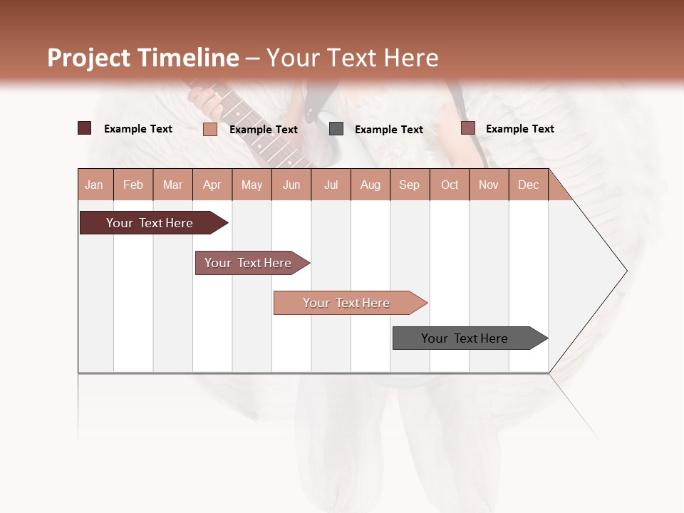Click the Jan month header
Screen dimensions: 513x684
coord(95,185)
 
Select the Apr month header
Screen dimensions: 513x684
coord(212,185)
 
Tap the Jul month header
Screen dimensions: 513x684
coord(331,185)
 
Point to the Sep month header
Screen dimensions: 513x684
coord(409,185)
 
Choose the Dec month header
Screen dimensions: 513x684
coord(528,185)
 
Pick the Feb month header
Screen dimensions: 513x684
coord(133,185)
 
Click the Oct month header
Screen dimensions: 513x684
coord(450,185)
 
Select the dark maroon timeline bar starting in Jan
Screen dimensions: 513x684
coord(150,223)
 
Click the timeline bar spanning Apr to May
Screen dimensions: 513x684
coord(248,263)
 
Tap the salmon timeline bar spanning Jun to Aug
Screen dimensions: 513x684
coord(346,303)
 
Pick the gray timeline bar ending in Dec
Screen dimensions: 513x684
coord(465,338)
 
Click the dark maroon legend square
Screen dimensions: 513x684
coord(85,128)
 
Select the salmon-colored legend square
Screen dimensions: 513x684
coord(210,129)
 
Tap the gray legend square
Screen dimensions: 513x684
coord(336,129)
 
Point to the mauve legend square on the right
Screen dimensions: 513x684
coord(467,128)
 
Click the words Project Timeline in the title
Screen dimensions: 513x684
coord(143,58)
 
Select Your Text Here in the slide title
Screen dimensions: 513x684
coord(352,58)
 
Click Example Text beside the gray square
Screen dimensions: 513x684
coord(388,130)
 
